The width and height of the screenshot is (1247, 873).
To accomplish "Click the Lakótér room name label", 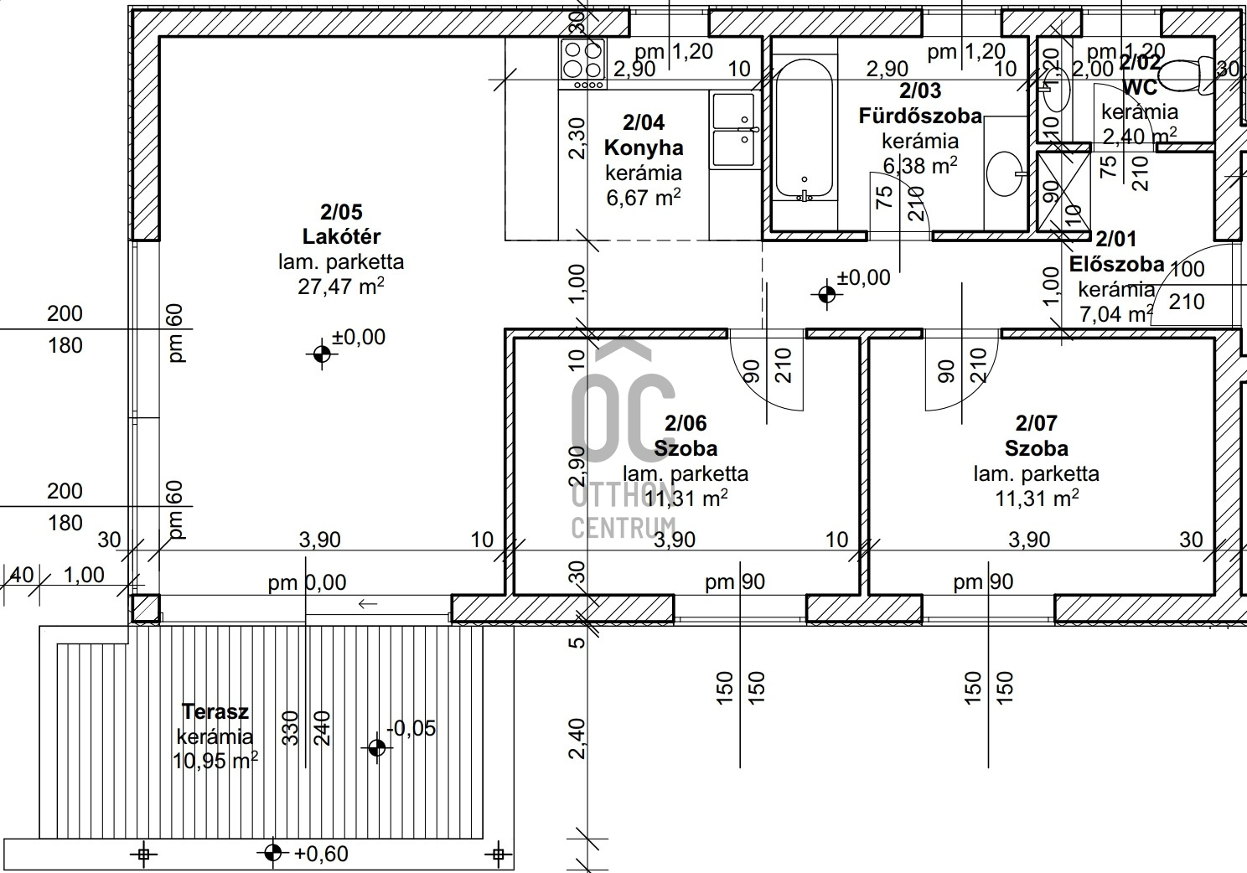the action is pyautogui.click(x=341, y=236).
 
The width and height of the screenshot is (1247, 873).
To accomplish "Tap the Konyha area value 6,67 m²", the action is pyautogui.click(x=644, y=197).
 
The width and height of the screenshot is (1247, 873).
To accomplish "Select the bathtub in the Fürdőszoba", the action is pyautogui.click(x=804, y=129).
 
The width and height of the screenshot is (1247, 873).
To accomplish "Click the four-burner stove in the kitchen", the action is pyautogui.click(x=583, y=64).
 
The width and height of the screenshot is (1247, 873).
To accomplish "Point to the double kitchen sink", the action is pyautogui.click(x=734, y=130).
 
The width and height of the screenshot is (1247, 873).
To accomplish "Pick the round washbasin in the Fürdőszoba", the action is pyautogui.click(x=1006, y=173).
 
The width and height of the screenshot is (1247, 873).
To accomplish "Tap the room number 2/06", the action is pyautogui.click(x=686, y=423).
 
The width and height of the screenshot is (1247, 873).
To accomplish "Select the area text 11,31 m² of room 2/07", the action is pyautogui.click(x=1037, y=498).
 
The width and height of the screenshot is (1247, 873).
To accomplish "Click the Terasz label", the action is pyautogui.click(x=215, y=711).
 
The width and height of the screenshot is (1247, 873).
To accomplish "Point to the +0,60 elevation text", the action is pyautogui.click(x=321, y=854).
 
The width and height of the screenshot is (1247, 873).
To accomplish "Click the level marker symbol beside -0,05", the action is pyautogui.click(x=377, y=748).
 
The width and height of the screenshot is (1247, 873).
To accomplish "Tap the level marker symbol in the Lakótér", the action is pyautogui.click(x=322, y=354).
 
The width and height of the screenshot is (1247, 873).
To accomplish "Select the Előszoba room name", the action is pyautogui.click(x=1117, y=264).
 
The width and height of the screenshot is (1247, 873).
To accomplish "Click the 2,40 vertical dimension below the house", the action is pyautogui.click(x=578, y=738).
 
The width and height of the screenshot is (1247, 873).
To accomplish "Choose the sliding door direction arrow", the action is pyautogui.click(x=368, y=604).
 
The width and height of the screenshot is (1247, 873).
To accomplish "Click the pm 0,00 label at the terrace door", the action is pyautogui.click(x=307, y=582).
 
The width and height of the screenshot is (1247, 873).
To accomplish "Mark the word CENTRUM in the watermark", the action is pyautogui.click(x=623, y=528).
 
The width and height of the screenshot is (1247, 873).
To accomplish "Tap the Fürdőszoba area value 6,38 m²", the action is pyautogui.click(x=920, y=165).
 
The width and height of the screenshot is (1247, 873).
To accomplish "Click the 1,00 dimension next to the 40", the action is pyautogui.click(x=84, y=575).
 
